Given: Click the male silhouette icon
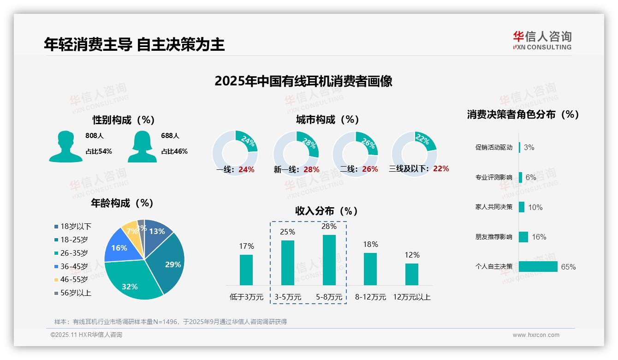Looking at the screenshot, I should pyautogui.click(x=65, y=146).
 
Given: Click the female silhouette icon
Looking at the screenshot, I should pyautogui.click(x=142, y=146).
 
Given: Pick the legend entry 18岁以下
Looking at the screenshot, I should pyautogui.click(x=73, y=226).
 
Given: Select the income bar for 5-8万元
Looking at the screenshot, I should pyautogui.click(x=329, y=260).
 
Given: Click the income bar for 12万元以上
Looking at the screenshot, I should pyautogui.click(x=412, y=274).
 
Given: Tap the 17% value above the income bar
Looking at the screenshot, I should pyautogui.click(x=246, y=246).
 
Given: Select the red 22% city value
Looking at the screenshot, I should pyautogui.click(x=441, y=168).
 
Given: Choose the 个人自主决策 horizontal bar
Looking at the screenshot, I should pyautogui.click(x=538, y=266).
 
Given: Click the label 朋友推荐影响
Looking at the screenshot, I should pyautogui.click(x=493, y=237).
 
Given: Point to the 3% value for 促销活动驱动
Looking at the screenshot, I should pyautogui.click(x=529, y=147).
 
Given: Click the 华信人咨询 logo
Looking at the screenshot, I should pyautogui.click(x=542, y=40).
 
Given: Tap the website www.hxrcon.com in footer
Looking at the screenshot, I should pyautogui.click(x=536, y=335).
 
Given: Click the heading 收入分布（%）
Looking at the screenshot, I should pyautogui.click(x=327, y=211).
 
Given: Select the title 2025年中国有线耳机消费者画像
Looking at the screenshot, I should pyautogui.click(x=303, y=81).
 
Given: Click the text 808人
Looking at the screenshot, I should pyautogui.click(x=95, y=136).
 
